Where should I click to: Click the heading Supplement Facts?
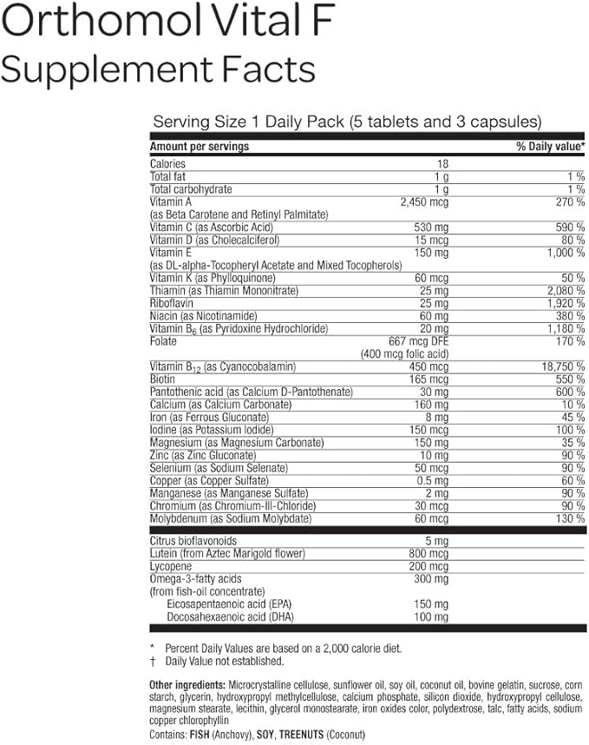[x=158, y=67]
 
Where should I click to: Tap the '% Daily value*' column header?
[x=550, y=147]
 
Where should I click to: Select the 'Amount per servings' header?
[x=200, y=147]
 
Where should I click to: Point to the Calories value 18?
[x=442, y=164]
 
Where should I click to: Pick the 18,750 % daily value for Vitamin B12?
[x=555, y=366]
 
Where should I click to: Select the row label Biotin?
[x=162, y=379]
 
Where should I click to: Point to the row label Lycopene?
[x=171, y=564]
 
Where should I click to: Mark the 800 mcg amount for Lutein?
[x=429, y=551]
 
